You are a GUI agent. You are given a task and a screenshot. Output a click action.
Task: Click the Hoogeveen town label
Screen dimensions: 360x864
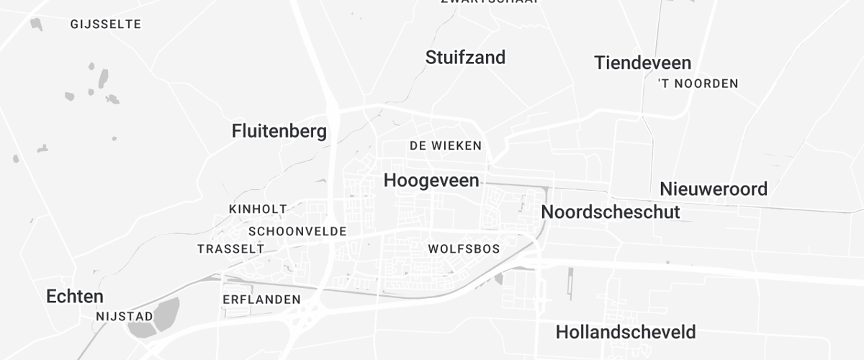click(431, 181)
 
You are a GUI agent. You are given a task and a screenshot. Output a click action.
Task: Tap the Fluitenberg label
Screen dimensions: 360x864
click(279, 131)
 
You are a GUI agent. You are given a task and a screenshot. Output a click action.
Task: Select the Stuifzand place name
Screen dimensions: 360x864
click(465, 58)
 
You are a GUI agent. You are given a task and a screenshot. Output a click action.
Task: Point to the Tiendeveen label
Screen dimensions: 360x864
click(642, 63)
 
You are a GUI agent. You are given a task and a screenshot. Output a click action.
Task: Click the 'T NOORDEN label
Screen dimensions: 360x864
click(698, 84)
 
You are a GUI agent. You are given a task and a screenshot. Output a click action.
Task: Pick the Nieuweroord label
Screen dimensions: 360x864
click(714, 189)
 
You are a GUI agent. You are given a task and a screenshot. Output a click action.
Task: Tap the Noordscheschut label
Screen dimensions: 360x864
click(610, 212)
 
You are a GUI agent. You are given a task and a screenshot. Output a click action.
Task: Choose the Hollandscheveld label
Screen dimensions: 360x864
click(626, 332)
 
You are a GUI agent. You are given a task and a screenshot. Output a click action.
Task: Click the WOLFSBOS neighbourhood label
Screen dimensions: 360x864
click(464, 249)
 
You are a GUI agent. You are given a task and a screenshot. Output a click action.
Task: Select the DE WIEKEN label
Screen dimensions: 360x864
click(445, 145)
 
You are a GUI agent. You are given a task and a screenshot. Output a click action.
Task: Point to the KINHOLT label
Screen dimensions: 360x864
click(258, 209)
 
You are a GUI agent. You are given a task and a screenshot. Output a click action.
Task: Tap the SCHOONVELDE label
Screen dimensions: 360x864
click(297, 232)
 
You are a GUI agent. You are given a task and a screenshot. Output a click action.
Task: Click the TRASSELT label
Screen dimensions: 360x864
click(230, 249)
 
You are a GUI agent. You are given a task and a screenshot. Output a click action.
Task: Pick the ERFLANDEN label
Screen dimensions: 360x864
click(261, 300)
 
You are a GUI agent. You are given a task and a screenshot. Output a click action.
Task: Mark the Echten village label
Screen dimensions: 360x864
click(75, 296)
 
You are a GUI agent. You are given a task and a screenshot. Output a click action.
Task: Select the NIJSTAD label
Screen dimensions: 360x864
click(125, 316)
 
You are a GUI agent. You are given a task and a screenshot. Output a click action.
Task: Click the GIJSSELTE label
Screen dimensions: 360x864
click(106, 24)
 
